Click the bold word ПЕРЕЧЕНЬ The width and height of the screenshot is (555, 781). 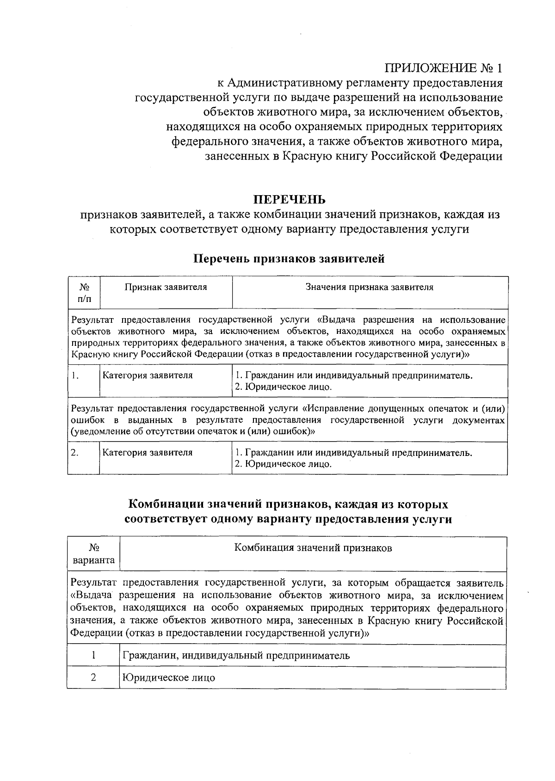289,200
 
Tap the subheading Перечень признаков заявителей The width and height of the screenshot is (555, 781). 289,259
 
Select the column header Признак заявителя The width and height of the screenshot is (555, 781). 166,287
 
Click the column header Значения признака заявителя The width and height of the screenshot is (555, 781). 370,287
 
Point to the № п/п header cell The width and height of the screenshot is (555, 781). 84,293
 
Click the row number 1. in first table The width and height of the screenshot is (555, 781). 76,375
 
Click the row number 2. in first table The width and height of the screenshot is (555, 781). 75,453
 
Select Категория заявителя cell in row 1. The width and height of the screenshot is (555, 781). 148,375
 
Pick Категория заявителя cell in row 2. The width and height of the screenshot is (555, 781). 148,453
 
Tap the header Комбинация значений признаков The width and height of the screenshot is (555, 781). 313,548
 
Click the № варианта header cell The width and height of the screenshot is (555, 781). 94,554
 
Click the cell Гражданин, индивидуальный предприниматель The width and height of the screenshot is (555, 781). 236,655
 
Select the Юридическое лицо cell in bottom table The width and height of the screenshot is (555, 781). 169,678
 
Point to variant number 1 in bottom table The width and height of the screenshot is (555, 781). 93,655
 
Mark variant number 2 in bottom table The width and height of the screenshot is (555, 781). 93,677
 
